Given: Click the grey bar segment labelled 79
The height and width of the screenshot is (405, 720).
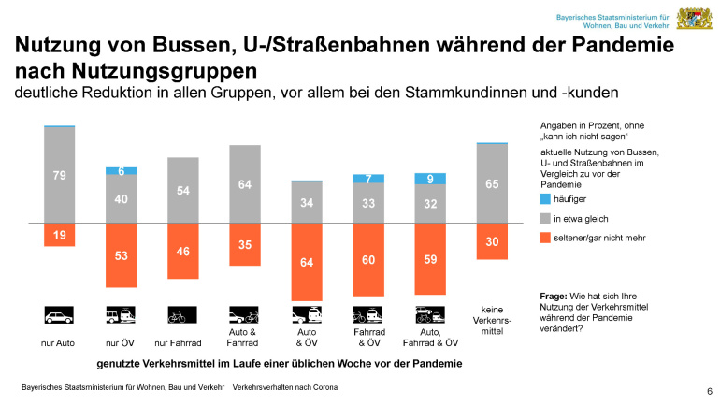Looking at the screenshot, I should tap(60, 174).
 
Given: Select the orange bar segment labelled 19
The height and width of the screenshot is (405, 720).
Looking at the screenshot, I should tap(60, 235).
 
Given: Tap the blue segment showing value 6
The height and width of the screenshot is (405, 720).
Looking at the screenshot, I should tap(122, 170).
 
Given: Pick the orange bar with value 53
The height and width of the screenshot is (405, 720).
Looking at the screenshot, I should tap(122, 255).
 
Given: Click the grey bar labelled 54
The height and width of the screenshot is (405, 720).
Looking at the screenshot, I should tap(183, 190).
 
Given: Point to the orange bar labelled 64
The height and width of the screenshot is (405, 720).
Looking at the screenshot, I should tap(307, 262).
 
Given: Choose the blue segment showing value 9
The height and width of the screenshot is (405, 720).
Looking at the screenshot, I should tap(430, 178).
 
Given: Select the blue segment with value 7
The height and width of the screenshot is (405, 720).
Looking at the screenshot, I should tap(368, 178).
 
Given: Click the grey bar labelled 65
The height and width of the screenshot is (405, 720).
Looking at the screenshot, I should tap(492, 183).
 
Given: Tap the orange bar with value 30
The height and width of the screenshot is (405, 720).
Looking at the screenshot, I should tap(492, 241).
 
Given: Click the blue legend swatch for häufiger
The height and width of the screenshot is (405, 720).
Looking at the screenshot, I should tap(546, 198).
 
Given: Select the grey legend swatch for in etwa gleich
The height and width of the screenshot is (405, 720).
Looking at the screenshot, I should tap(546, 218).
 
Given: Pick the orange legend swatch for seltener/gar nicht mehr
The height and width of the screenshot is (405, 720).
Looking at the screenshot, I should tap(546, 238).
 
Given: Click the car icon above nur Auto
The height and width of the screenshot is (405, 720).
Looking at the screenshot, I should tap(60, 314).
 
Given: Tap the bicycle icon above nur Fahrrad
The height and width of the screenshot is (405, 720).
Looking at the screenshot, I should tap(183, 314).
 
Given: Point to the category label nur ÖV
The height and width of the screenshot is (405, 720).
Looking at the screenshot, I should tap(122, 343).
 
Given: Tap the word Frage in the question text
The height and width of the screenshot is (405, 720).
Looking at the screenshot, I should tap(554, 296).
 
